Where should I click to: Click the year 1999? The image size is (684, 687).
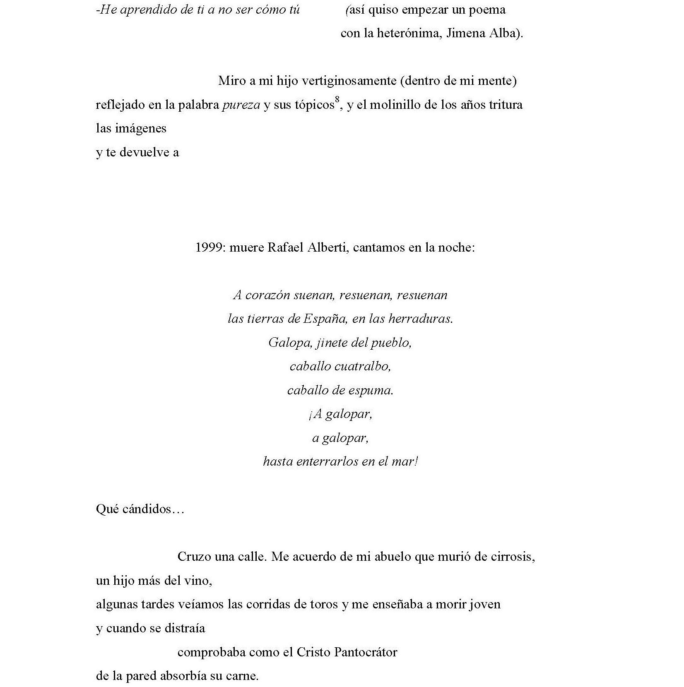pos(210,247)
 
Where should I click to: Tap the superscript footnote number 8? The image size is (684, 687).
pos(337,100)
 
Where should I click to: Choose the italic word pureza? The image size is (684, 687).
pos(241,105)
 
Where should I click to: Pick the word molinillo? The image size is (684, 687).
pos(398,105)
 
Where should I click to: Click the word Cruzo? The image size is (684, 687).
pos(194,556)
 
